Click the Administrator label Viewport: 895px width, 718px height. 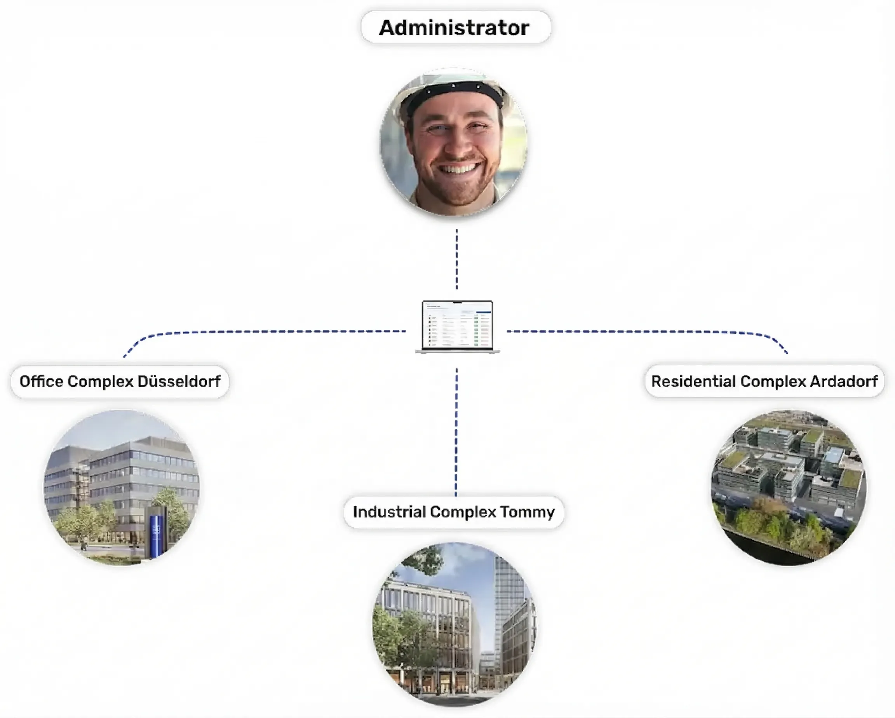click(x=455, y=28)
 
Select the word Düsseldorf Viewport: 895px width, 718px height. click(x=179, y=382)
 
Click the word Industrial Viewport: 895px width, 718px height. click(x=389, y=512)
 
